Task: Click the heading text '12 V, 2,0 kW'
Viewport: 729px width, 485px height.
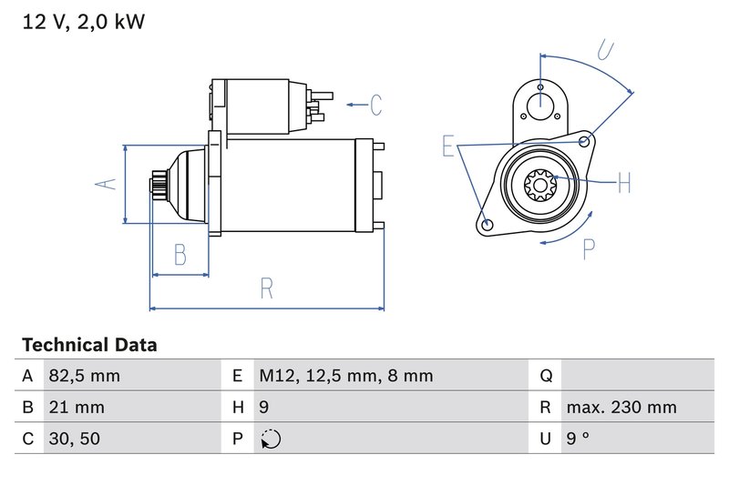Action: point(83,22)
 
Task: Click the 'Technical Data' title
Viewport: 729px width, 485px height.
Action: point(89,345)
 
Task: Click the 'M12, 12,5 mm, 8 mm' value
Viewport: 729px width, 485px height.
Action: point(345,376)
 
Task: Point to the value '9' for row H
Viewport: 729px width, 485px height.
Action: point(264,408)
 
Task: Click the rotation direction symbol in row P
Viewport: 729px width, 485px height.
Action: point(271,440)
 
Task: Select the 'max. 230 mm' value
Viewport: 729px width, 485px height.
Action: point(621,408)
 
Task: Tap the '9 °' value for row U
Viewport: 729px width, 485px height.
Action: point(578,439)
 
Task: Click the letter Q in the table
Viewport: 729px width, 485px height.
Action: point(546,376)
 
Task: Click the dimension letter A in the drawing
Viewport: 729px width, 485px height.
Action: point(108,184)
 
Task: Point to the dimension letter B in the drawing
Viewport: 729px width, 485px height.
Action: point(180,255)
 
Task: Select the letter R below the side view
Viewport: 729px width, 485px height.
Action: point(266,288)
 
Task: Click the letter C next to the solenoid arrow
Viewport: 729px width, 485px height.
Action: point(376,106)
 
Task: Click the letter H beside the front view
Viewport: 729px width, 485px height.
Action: point(623,184)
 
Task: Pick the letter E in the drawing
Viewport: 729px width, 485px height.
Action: point(447,146)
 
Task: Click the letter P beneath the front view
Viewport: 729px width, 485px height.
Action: point(589,248)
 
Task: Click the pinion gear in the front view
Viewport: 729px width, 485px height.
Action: point(540,188)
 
